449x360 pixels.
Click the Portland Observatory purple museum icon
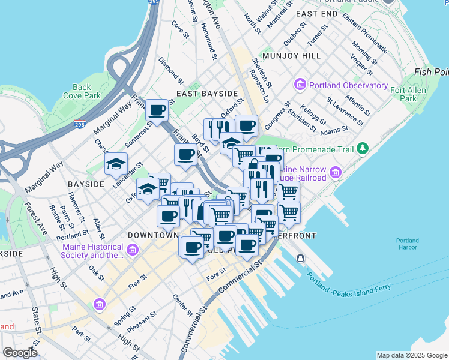click(x=300, y=85)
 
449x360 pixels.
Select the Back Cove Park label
click(x=82, y=91)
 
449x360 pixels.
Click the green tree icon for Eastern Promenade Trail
click(x=362, y=148)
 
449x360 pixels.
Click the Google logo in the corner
click(x=19, y=353)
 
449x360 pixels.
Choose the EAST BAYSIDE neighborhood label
click(x=206, y=94)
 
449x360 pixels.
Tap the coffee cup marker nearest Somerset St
click(x=157, y=110)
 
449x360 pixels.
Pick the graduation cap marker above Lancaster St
click(x=116, y=164)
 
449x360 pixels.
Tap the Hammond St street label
click(x=209, y=41)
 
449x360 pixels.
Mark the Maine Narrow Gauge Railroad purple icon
click(x=335, y=173)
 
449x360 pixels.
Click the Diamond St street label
click(x=171, y=70)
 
